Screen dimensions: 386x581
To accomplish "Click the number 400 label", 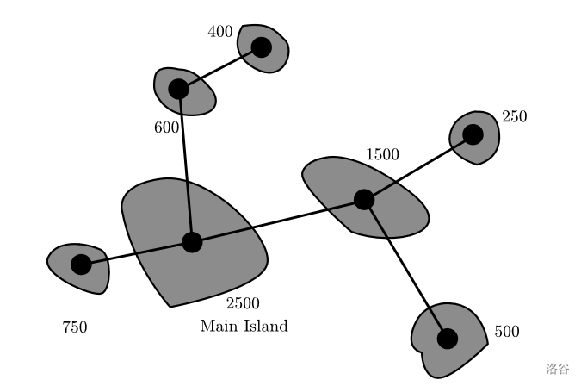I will click(220, 32).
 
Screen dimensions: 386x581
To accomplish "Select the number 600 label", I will click(166, 128).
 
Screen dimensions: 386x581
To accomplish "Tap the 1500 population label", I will click(382, 155).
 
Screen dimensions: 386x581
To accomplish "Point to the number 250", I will click(514, 116).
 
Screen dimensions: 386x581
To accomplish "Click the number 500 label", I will click(507, 332).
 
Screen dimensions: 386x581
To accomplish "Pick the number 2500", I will click(243, 303).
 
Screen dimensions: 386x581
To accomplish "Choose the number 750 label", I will click(75, 327).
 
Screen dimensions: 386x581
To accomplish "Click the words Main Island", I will click(244, 327).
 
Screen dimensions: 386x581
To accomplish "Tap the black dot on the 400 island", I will click(261, 47).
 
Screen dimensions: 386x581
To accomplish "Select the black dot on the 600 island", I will click(178, 89).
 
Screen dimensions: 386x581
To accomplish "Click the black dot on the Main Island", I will click(192, 242).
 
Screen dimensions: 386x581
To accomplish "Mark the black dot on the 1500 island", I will click(364, 200).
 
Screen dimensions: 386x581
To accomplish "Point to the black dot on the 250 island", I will click(473, 134).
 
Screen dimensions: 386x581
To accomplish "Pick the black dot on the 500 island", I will click(447, 338).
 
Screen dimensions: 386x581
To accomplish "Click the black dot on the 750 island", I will click(81, 265).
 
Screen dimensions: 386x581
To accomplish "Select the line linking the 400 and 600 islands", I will click(219, 68).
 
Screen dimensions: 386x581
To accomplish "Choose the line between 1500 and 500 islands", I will click(405, 269).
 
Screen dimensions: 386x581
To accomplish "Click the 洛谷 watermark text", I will click(557, 369).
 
